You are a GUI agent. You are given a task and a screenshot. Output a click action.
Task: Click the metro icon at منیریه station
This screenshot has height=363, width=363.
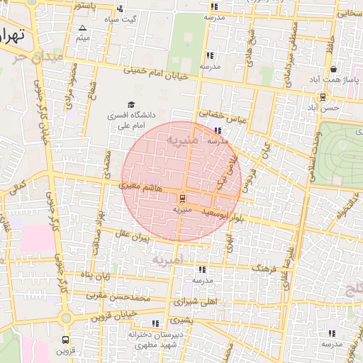[183, 198]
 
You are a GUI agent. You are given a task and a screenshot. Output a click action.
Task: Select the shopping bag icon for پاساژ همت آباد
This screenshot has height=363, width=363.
[333, 69]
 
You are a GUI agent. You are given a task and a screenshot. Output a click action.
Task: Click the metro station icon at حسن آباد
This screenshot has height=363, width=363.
[323, 97]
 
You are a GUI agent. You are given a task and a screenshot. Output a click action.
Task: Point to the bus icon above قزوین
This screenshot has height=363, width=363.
[66, 340]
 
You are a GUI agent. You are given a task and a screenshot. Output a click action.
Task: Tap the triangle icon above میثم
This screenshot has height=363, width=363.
[83, 28]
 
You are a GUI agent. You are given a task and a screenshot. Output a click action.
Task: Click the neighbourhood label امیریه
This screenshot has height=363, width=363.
[167, 261]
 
